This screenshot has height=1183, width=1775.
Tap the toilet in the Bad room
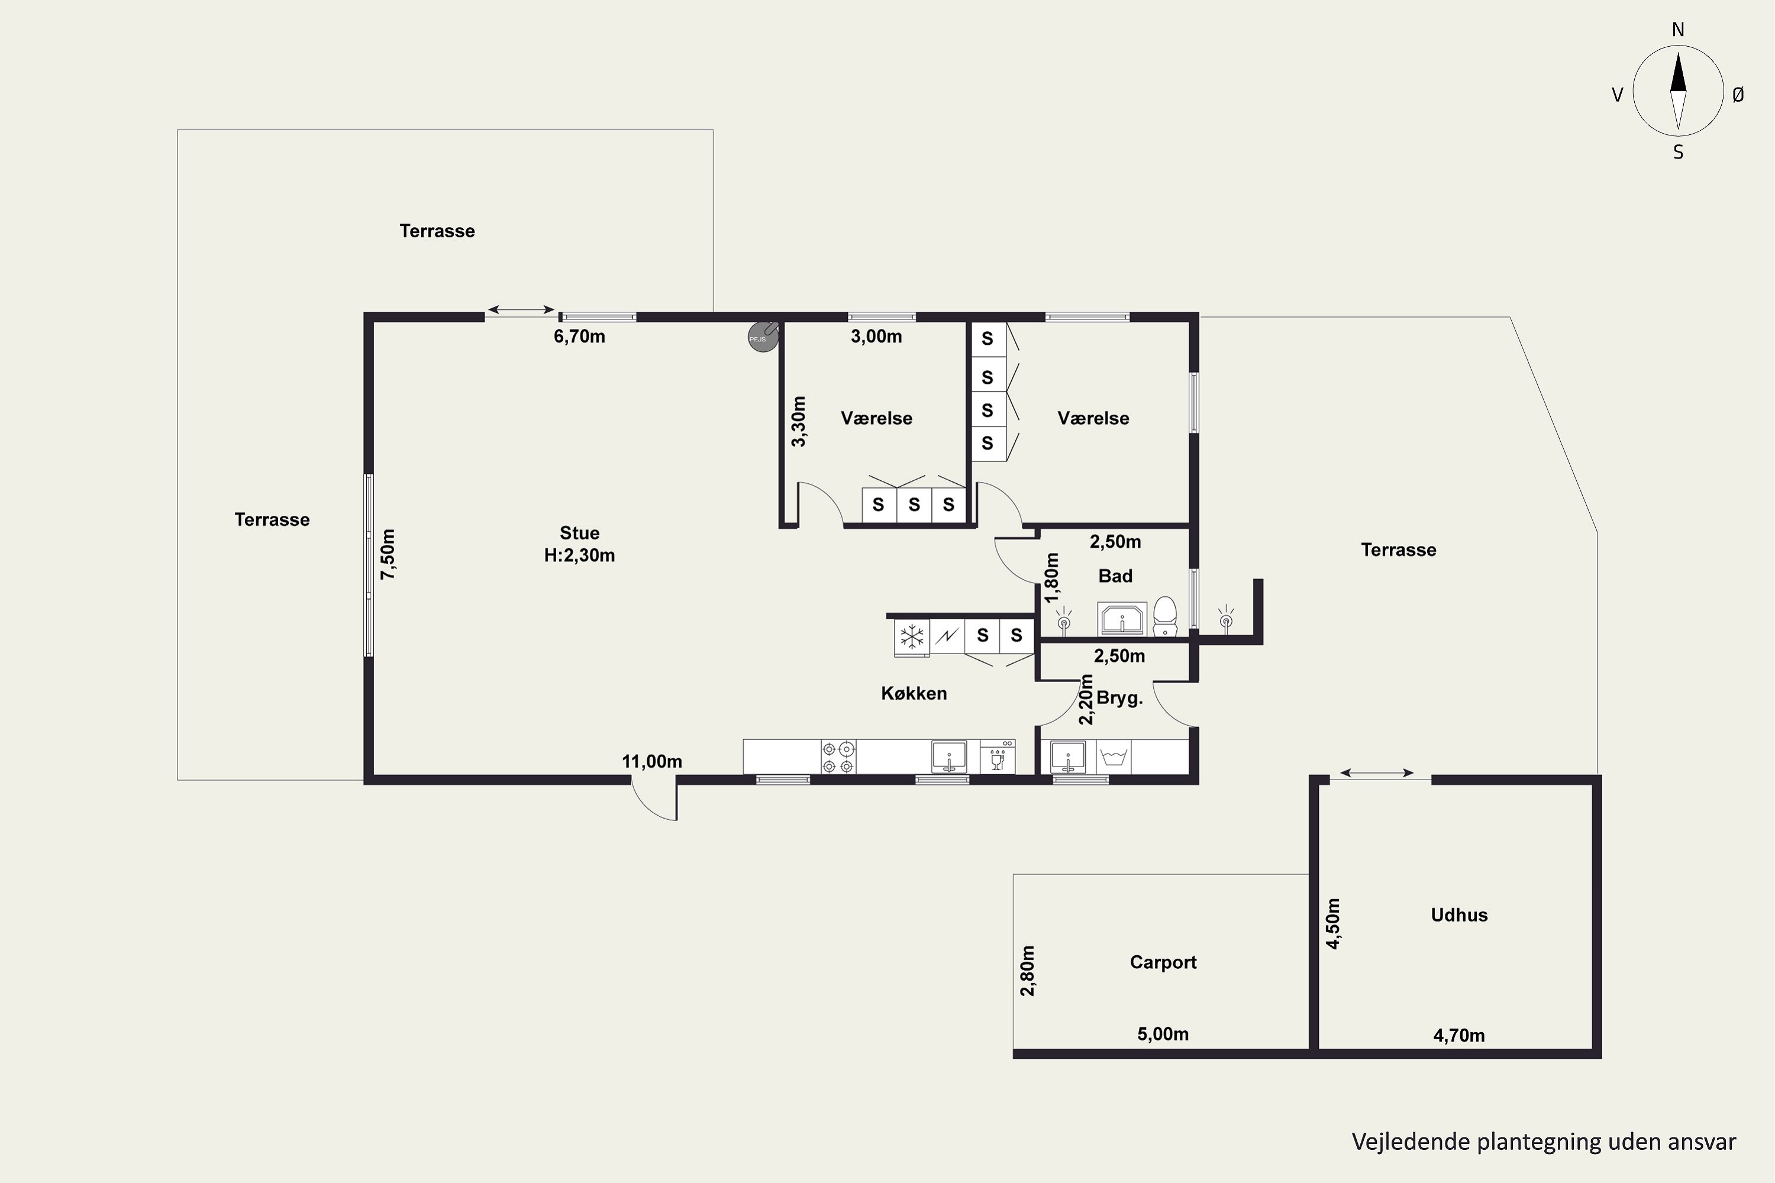1165,616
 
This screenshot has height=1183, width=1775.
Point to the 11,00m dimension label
652,762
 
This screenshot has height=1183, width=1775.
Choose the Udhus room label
1459,915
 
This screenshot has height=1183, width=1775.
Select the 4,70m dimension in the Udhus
1459,1036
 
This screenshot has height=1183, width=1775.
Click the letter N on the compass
1677,30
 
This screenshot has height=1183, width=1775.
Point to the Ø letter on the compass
1738,94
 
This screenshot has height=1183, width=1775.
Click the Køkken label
914,693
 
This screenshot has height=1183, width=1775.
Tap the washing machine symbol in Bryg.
1113,757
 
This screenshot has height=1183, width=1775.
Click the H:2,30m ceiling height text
580,556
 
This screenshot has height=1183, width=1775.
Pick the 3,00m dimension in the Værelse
876,337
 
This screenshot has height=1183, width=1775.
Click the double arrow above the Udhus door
1377,772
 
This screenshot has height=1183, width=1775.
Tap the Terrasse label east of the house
1399,550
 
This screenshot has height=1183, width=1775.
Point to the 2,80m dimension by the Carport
1027,971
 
